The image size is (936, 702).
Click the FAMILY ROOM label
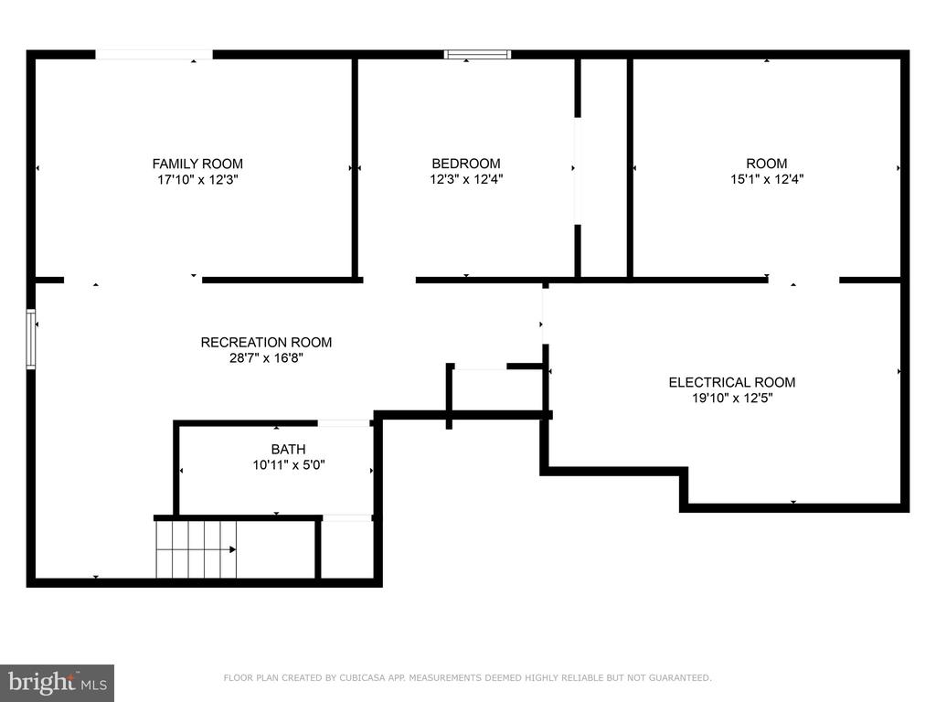pos(197,164)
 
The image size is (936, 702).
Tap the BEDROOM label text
pos(466,164)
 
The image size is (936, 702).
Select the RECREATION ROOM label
pos(266,343)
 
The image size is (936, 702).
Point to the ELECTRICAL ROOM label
pos(732,383)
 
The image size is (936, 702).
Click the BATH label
pos(288,450)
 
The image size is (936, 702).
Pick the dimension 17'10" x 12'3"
pos(197,180)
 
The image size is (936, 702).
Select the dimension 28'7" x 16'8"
pos(266,358)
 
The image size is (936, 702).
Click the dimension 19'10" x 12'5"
pos(732,399)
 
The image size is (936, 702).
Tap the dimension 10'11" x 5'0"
pos(288,465)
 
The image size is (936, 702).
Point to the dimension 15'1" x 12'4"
pos(767,179)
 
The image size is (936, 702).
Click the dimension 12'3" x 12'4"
pos(466,179)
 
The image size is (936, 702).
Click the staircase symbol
pos(197,549)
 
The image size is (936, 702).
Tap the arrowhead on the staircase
pos(233,549)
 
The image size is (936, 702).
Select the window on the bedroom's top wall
pos(477,55)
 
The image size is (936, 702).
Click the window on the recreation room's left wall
pos(31,339)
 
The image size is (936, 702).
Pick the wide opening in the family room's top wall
pos(154,55)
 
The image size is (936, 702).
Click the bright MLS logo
pos(58,683)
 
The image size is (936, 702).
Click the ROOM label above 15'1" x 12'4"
pos(767,164)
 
